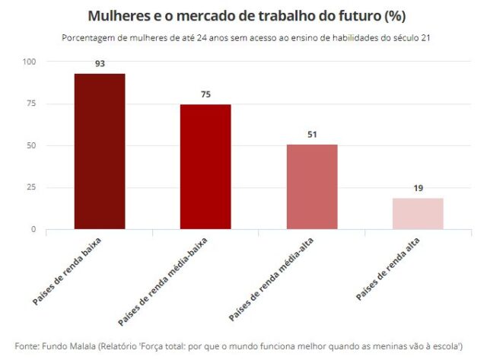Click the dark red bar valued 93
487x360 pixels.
click(100, 151)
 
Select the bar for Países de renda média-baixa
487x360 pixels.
click(205, 167)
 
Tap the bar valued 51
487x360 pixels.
click(312, 186)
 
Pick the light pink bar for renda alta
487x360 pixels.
click(418, 213)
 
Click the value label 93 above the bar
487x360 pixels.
click(100, 64)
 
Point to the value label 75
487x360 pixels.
click(205, 94)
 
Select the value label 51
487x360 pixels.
click(312, 135)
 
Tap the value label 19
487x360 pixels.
click(418, 188)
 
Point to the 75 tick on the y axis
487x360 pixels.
click(30, 104)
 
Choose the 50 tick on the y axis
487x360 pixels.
click(30, 145)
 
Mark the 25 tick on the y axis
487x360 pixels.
click(30, 187)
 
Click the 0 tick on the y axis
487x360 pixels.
click(33, 229)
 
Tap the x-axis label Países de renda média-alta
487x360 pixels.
click(275, 279)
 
